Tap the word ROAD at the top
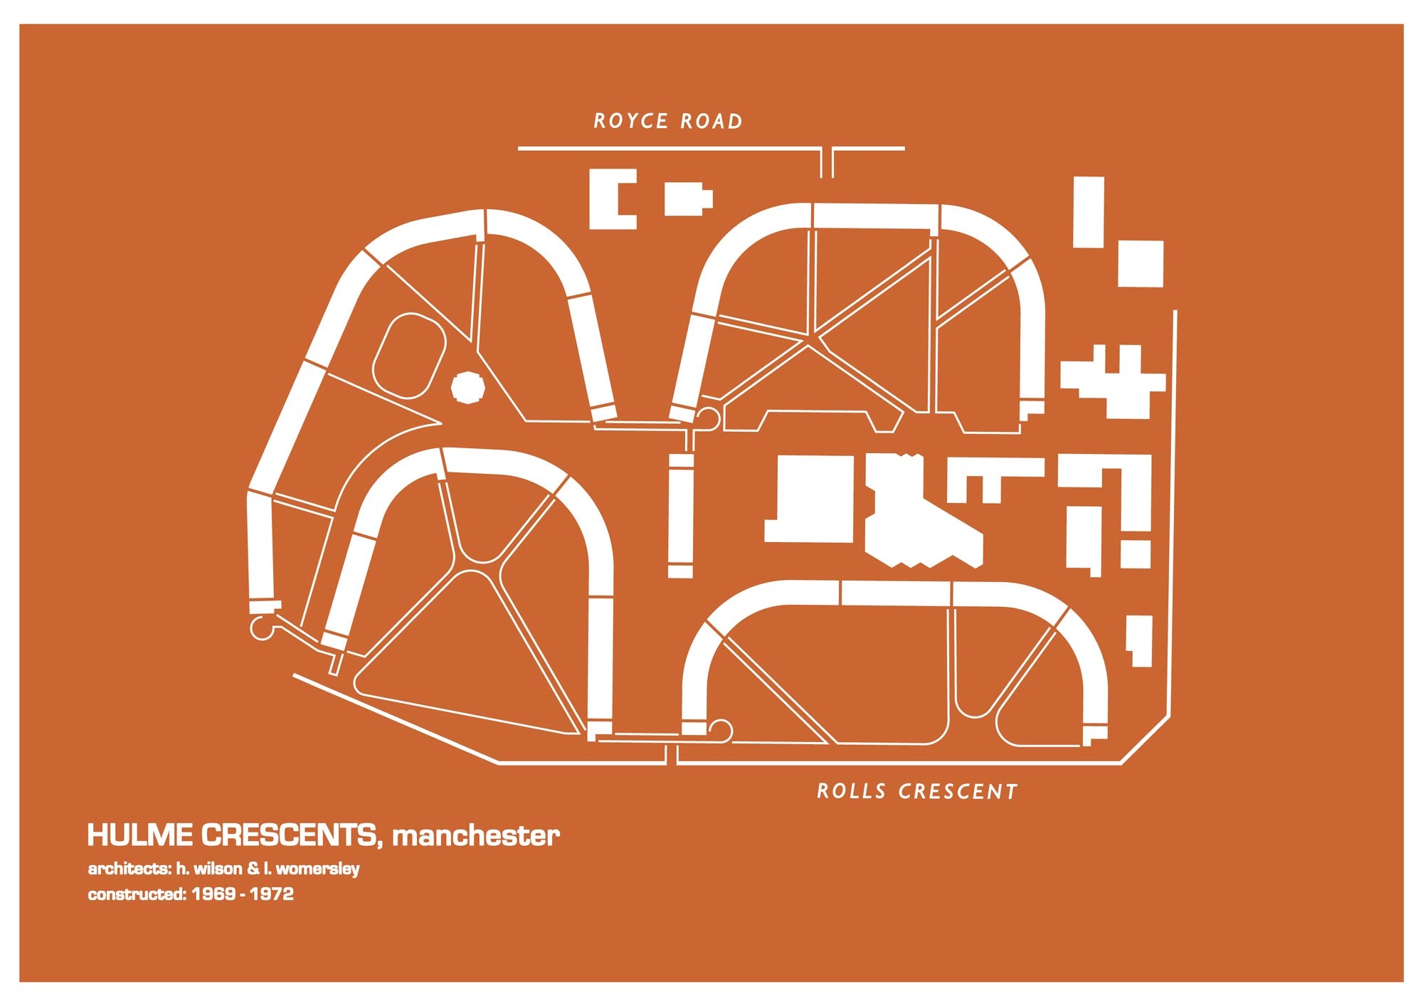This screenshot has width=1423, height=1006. click(x=711, y=122)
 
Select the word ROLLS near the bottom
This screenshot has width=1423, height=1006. click(x=852, y=791)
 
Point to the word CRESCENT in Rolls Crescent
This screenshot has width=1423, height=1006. click(x=958, y=791)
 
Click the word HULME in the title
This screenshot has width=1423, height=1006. click(x=139, y=835)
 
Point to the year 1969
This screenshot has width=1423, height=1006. click(x=213, y=894)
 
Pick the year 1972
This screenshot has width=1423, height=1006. click(x=272, y=894)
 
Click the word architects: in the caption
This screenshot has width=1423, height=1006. click(x=129, y=869)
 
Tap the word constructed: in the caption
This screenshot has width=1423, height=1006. click(x=136, y=894)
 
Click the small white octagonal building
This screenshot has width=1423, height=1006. click(x=468, y=388)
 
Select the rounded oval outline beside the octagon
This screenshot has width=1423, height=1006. click(x=409, y=356)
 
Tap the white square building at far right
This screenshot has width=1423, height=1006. click(x=1141, y=264)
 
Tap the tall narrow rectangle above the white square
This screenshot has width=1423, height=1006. click(x=1088, y=212)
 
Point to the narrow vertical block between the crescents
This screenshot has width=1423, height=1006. click(x=680, y=516)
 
